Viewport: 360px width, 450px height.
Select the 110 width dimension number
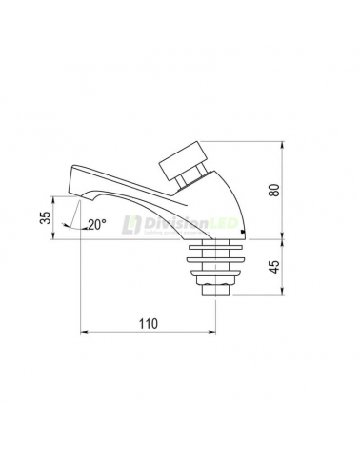(147, 324)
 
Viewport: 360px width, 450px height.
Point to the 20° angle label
(97, 226)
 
